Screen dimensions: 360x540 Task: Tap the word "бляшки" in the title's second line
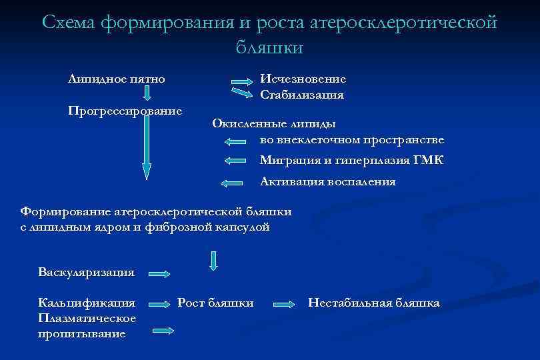(269, 47)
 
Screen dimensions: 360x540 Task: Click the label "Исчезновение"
(303, 79)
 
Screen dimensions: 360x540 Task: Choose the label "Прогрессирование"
(125, 110)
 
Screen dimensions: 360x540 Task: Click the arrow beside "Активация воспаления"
(231, 182)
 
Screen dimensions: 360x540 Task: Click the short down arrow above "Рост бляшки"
(213, 260)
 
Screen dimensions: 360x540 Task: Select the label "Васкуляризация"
(87, 272)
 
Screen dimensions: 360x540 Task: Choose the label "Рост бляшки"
(215, 303)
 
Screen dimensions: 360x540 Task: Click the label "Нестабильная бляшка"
(373, 303)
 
